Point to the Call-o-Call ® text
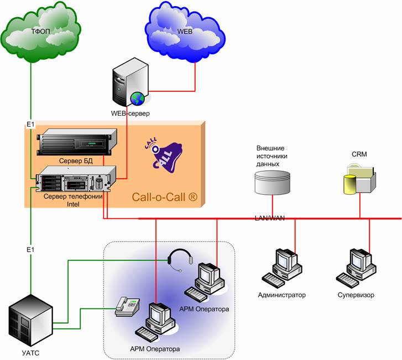(x=164, y=197)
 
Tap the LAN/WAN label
(x=270, y=218)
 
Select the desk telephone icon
(x=128, y=306)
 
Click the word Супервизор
(x=356, y=295)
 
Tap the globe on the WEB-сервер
(x=137, y=99)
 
